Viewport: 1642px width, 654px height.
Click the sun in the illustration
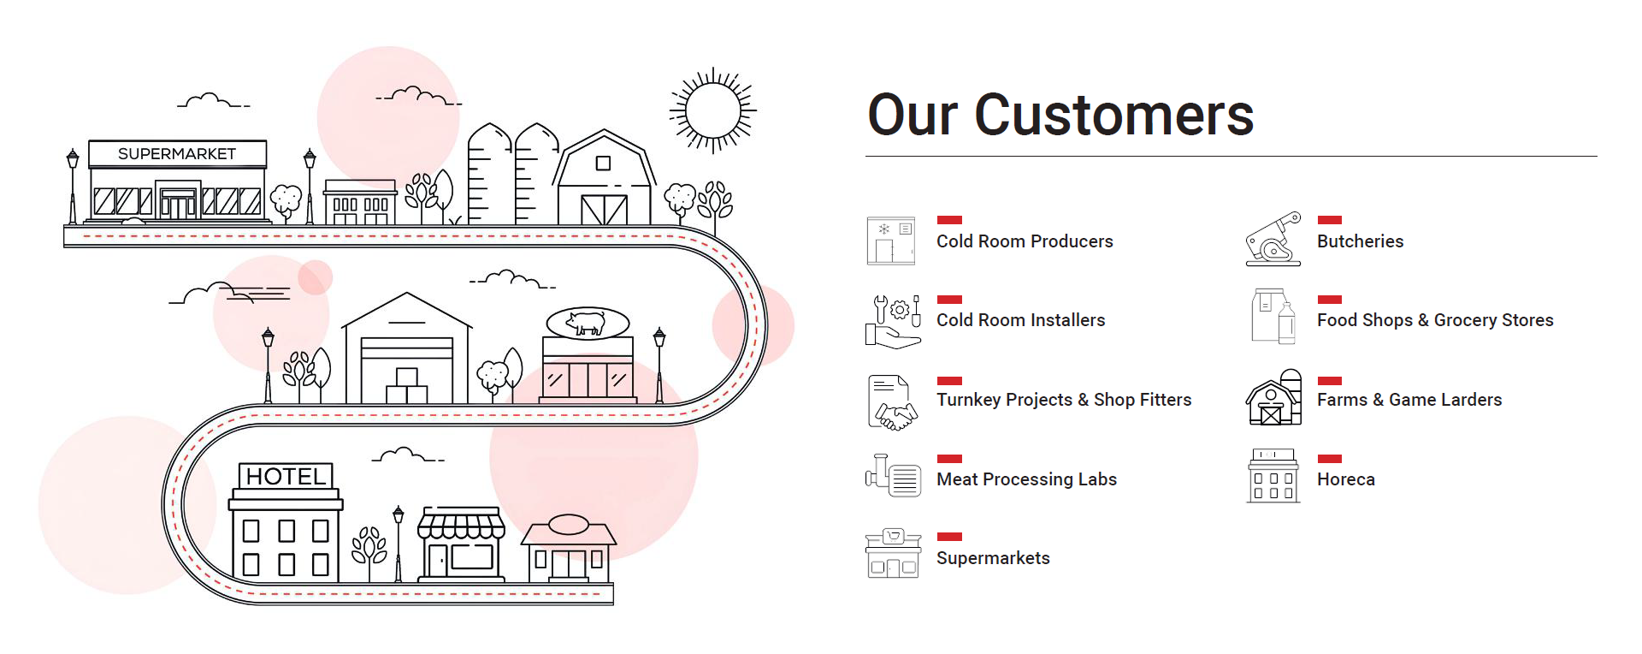(x=712, y=111)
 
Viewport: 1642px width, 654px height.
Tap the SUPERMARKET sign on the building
(x=177, y=154)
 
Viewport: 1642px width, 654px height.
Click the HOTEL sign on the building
(x=286, y=476)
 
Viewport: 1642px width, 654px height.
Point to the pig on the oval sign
(x=588, y=323)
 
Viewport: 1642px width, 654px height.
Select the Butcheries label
(x=1360, y=241)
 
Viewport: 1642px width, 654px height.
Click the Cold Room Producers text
(x=1025, y=241)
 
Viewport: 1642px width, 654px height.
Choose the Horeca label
(x=1345, y=479)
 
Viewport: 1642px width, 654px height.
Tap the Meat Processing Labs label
(x=1026, y=479)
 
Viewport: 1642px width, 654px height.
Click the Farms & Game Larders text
(x=1409, y=400)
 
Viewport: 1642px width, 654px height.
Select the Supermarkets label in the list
(x=993, y=558)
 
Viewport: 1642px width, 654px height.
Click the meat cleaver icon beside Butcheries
(x=1273, y=239)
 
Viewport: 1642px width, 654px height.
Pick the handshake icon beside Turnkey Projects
(x=893, y=401)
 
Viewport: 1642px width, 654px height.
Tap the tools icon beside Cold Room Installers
(x=893, y=321)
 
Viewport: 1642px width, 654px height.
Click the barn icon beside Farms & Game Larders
(x=1273, y=399)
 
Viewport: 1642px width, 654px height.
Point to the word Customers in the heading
(x=1113, y=115)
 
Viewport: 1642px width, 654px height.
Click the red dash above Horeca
(x=1329, y=459)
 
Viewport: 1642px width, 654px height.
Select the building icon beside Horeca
(x=1273, y=476)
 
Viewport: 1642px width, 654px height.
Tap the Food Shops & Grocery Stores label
(x=1435, y=320)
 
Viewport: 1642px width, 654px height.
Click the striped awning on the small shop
(x=461, y=524)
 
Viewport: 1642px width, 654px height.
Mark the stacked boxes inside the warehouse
(x=407, y=386)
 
